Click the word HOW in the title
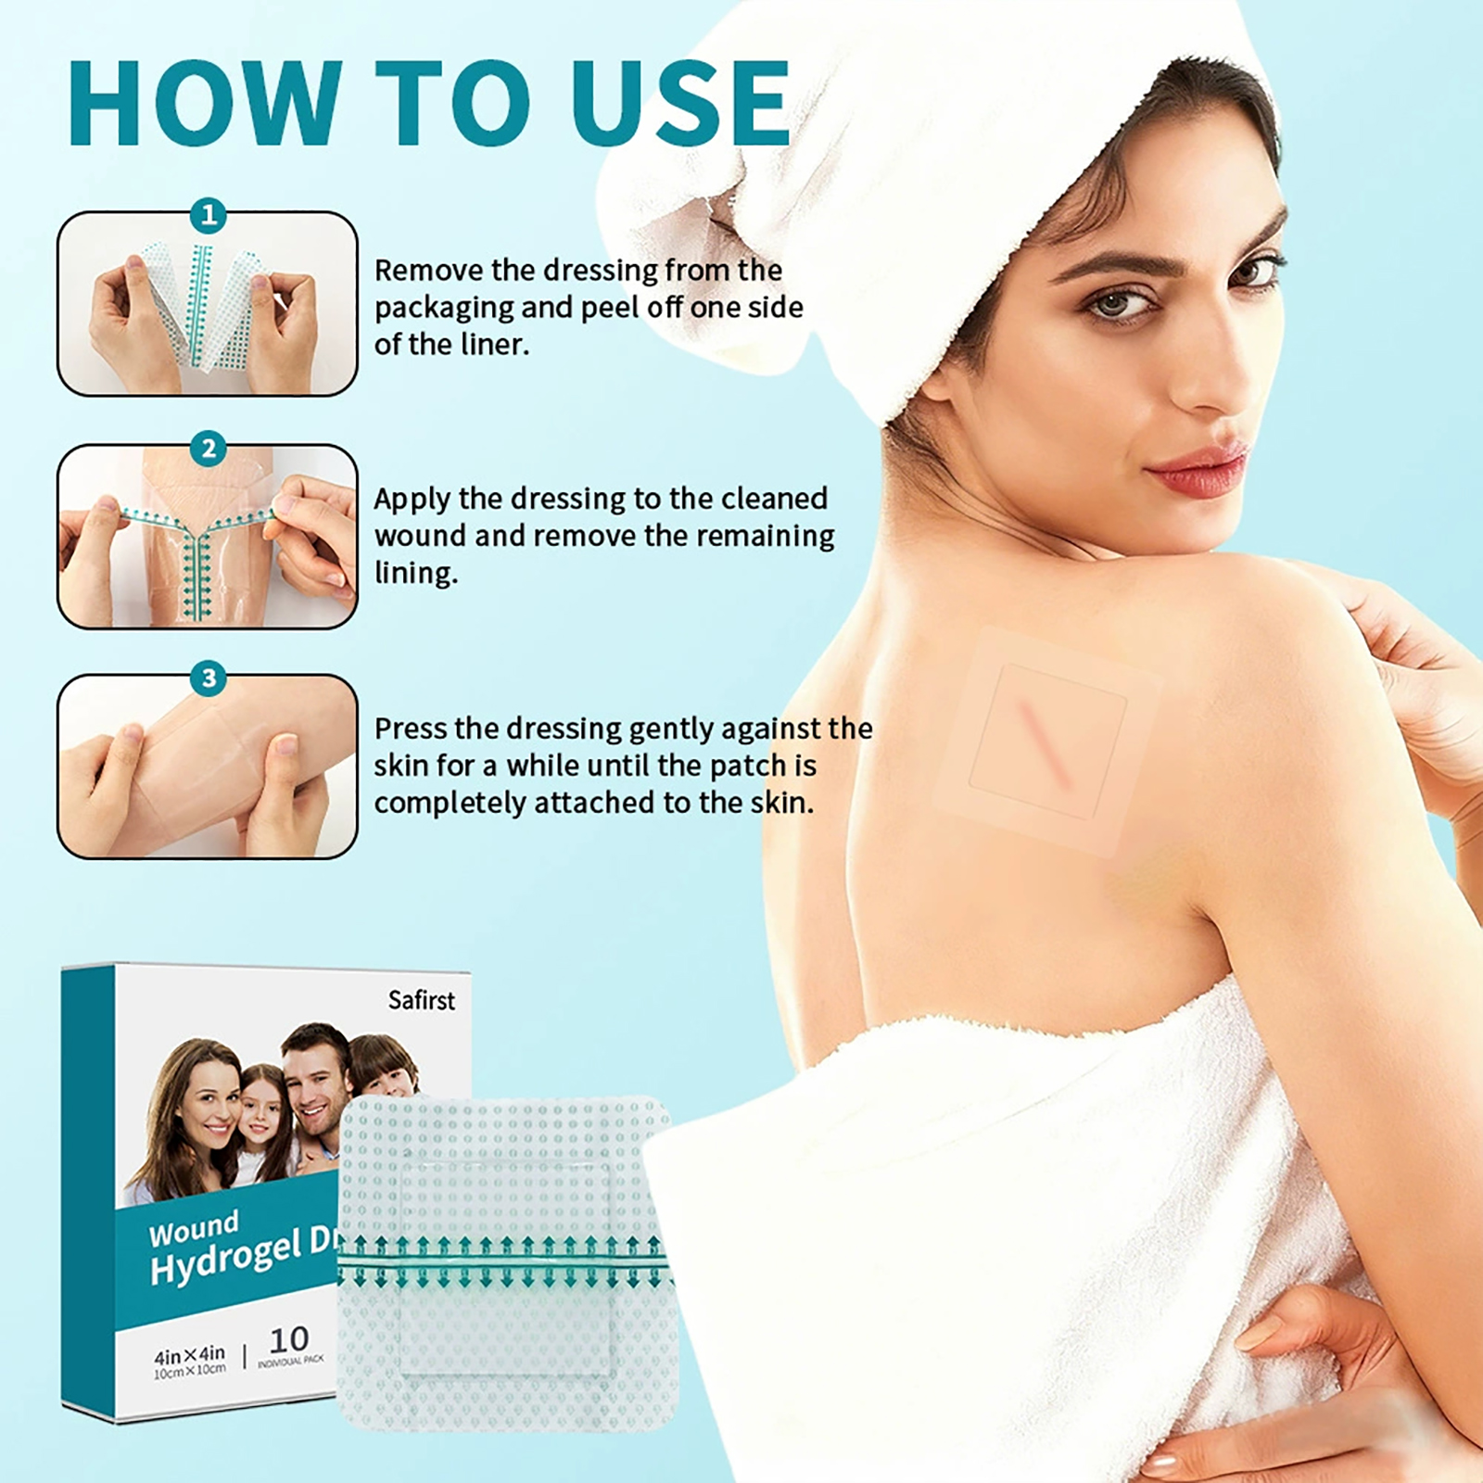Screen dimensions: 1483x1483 tap(206, 103)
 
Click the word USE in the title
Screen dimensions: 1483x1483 tap(680, 103)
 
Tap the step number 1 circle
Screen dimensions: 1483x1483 tap(209, 216)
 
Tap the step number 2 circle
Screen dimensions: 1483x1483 tap(209, 449)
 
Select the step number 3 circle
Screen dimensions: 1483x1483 tap(209, 678)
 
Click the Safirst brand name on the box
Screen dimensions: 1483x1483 tap(422, 1000)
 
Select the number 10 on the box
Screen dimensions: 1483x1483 tap(289, 1338)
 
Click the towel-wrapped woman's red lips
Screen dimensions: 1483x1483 tap(1196, 468)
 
